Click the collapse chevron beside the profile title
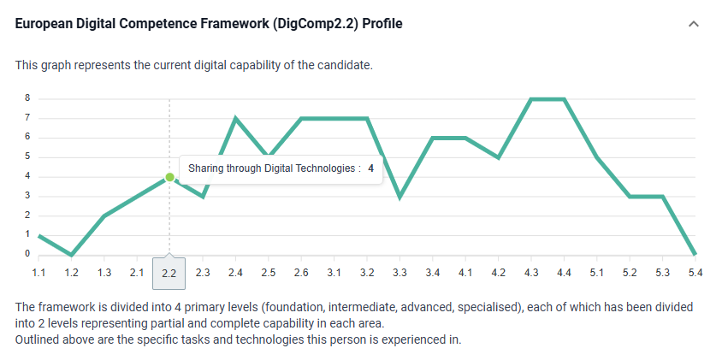tap(694, 24)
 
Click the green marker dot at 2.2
tap(169, 177)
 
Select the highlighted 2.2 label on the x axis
tap(169, 273)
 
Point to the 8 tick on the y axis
tap(27, 97)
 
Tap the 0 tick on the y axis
tap(27, 254)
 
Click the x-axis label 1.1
tap(38, 273)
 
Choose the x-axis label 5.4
tap(695, 273)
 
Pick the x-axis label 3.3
tap(399, 273)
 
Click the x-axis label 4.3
tap(531, 273)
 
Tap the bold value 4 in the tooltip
tap(371, 168)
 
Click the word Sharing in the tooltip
tap(206, 168)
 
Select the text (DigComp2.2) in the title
tap(317, 24)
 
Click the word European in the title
tap(43, 24)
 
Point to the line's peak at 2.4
tap(235, 118)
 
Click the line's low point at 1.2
tap(72, 255)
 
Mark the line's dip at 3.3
tap(399, 197)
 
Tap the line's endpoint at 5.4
tap(695, 254)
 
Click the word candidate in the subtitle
tap(346, 65)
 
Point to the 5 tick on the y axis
tap(27, 156)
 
